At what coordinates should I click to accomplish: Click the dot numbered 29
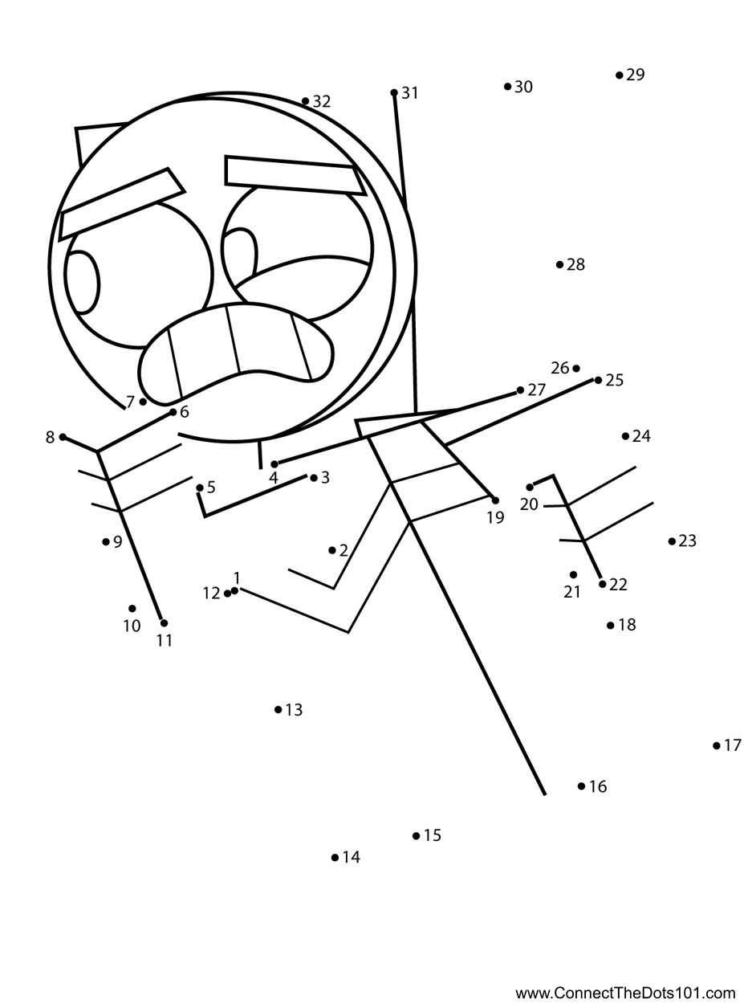(620, 76)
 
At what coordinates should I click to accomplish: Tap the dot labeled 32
(306, 101)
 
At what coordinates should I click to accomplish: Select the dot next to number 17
(717, 746)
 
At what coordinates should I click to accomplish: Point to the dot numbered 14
(335, 858)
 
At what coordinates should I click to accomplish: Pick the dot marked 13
(278, 709)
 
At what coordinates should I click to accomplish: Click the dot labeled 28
(560, 264)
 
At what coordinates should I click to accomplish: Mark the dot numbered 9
(106, 542)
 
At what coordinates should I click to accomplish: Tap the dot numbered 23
(672, 541)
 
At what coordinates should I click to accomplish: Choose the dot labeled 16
(582, 786)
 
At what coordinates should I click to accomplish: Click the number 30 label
(523, 87)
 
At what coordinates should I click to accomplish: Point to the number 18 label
(627, 625)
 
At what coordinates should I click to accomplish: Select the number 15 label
(433, 836)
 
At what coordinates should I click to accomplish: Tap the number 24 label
(641, 436)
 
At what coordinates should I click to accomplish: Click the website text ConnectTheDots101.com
(625, 993)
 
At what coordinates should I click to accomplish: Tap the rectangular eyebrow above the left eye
(122, 204)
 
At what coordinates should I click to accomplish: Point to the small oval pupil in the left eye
(82, 282)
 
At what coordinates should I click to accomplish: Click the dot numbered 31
(394, 93)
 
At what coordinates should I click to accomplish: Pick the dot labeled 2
(332, 550)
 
